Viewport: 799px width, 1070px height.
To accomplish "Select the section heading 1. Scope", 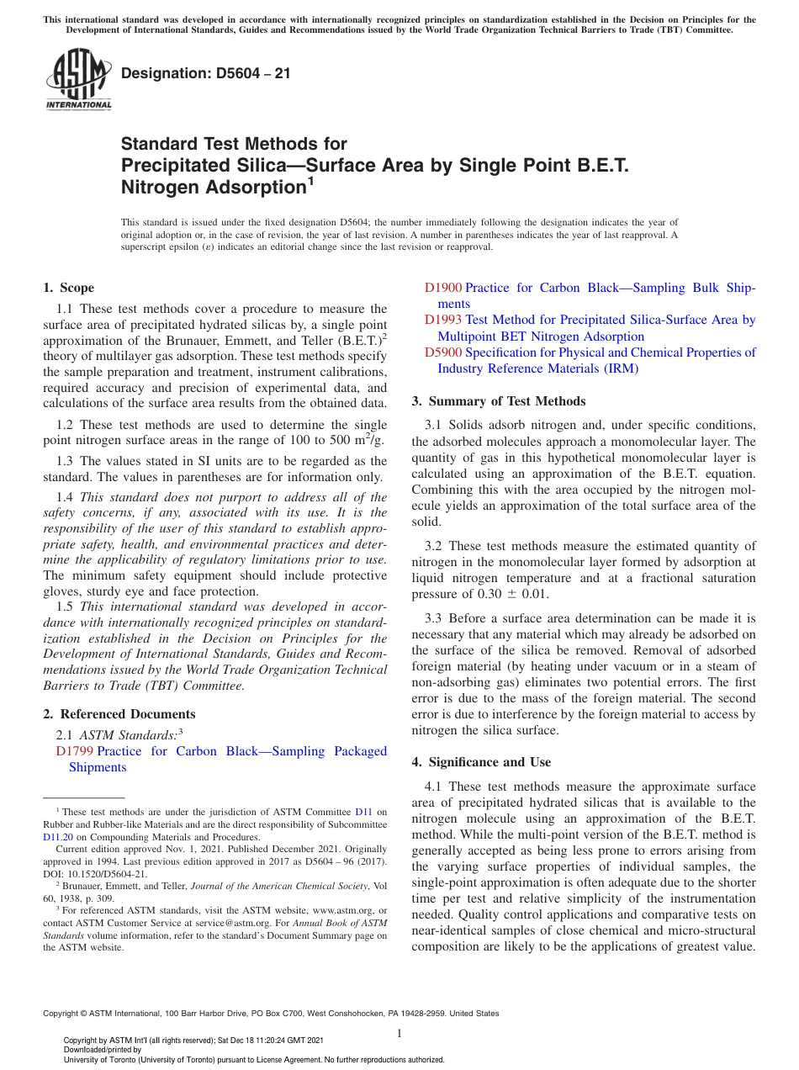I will click(68, 288).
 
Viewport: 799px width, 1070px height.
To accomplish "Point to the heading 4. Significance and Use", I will click(481, 762).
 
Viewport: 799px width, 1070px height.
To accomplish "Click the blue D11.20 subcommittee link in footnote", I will click(58, 837).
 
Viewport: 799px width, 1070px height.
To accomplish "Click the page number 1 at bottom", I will click(399, 1034).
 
